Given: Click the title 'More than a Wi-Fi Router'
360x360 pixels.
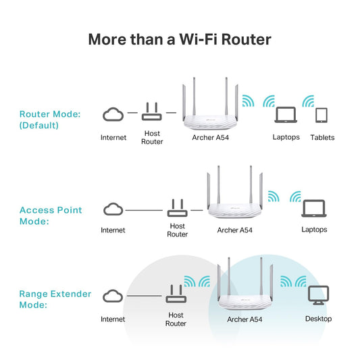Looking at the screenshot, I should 180,39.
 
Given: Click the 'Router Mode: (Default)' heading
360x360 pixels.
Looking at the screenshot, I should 50,120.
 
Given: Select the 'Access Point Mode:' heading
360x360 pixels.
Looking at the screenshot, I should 51,215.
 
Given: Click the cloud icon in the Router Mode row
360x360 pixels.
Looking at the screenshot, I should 113,114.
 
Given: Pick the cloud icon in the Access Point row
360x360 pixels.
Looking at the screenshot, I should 113,209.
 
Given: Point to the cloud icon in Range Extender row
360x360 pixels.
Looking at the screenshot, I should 113,297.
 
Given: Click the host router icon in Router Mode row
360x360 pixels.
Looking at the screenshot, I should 152,112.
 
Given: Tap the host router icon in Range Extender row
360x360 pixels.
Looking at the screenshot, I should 175,294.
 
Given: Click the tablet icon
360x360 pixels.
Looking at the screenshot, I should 322,115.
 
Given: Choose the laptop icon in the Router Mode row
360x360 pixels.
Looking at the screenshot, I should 286,115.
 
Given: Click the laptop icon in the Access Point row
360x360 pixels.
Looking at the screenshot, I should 313,208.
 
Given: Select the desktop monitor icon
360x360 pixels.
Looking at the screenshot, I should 318,294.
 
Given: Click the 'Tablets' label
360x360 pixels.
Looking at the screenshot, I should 322,138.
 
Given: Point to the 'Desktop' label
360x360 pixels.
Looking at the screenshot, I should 318,319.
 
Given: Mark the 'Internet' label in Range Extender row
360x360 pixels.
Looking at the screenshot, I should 113,319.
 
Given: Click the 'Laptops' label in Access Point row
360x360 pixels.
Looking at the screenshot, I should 313,230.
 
